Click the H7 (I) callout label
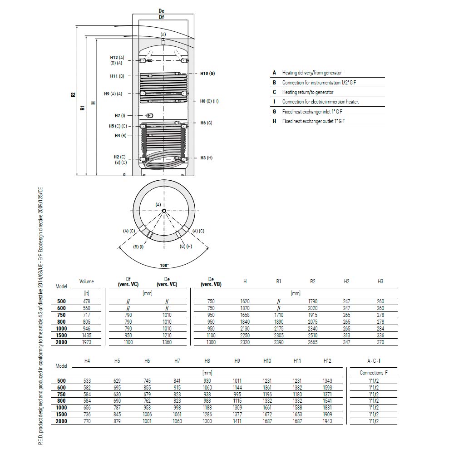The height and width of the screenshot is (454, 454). tap(120, 115)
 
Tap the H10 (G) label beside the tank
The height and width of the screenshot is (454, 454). tap(207, 74)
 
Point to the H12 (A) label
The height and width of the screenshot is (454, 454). tap(117, 58)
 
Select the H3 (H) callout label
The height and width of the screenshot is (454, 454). tap(207, 158)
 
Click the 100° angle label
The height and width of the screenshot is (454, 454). tap(164, 266)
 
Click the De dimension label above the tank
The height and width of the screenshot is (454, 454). tap(161, 11)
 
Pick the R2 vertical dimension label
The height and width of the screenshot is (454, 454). tap(73, 95)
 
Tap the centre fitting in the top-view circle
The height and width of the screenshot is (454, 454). tap(164, 211)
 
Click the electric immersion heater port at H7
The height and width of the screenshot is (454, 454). tap(150, 115)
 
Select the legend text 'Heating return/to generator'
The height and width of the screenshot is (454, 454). tap(308, 92)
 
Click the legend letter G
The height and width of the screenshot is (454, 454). tap(274, 112)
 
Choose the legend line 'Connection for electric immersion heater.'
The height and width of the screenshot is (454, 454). tap(321, 102)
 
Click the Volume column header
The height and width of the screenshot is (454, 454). tap(87, 281)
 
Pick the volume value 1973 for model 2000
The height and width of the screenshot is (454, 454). tap(87, 342)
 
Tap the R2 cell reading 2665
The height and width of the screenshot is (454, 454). tap(313, 342)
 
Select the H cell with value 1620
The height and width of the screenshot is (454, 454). tap(245, 301)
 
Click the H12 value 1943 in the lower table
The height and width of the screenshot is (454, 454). tap(327, 421)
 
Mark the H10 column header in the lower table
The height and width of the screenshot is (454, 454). tap(267, 361)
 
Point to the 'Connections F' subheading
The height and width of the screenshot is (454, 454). tap(374, 373)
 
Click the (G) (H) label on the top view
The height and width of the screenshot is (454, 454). tap(186, 247)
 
